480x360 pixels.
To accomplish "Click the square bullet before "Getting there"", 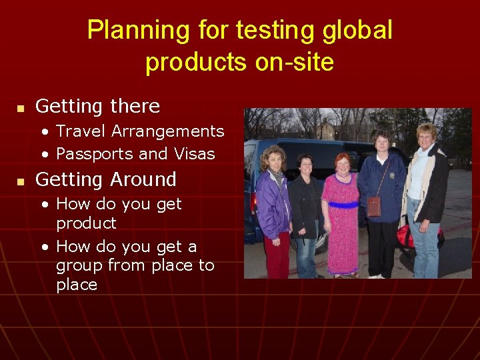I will (x=21, y=108).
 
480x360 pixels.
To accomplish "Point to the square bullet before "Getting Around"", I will (x=21, y=181).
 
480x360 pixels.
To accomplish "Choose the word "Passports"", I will (x=94, y=154).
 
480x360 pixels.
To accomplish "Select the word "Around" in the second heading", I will (x=143, y=179).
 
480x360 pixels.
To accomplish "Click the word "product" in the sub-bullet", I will (x=86, y=223).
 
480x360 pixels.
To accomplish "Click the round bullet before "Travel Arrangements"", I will (x=45, y=131).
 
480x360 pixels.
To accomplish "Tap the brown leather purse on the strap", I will (x=374, y=206).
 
